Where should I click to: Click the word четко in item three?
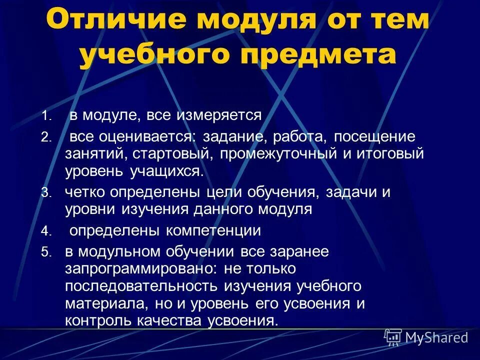[x=85, y=192]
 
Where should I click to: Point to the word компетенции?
[x=214, y=230]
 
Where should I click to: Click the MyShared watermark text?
[x=436, y=338]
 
